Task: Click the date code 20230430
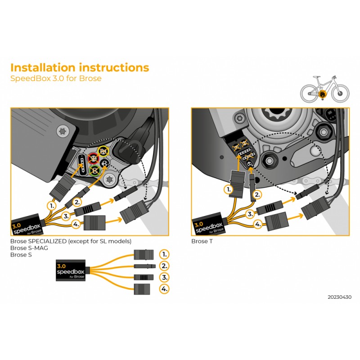coord(340,297)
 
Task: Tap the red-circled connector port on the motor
coord(94,158)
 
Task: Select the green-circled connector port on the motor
coord(95,171)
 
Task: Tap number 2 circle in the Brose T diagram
coord(257,195)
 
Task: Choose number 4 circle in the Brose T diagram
coord(258,224)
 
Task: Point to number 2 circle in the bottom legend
coord(165,265)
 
